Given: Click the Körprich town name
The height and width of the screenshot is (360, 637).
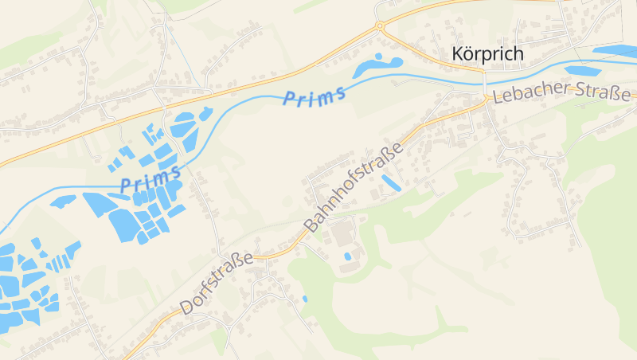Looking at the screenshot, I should [x=487, y=54].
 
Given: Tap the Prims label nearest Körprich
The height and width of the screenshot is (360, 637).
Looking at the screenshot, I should [x=315, y=96].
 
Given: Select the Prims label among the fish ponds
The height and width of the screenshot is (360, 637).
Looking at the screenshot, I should [x=150, y=178].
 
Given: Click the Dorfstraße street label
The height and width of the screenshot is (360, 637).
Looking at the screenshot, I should [x=217, y=283].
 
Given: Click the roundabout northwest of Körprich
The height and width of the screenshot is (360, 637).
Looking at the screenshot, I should [x=380, y=25].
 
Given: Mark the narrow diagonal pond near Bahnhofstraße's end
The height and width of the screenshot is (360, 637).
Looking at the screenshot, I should [x=390, y=182].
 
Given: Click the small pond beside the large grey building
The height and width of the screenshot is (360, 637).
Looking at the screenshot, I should [x=347, y=256].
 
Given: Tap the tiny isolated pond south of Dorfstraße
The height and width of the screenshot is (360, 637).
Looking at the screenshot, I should [x=304, y=299].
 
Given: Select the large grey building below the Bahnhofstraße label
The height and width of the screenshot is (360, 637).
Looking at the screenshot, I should [x=343, y=235].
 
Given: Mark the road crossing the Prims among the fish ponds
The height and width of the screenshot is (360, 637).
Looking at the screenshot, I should [x=169, y=167].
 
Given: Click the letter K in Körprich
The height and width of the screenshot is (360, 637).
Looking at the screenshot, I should [x=458, y=54].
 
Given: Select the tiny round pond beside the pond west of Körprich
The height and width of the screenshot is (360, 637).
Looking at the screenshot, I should [x=397, y=60].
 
